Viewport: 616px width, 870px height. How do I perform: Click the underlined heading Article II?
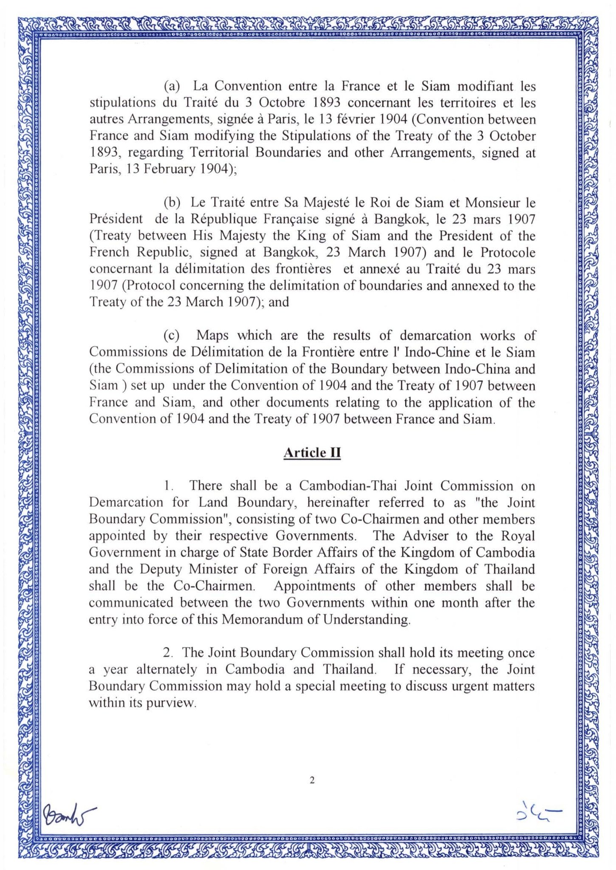point(312,453)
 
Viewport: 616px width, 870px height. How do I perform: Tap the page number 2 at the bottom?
point(312,780)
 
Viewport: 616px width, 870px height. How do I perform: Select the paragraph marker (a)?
point(172,86)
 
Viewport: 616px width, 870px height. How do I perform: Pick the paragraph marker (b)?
point(172,203)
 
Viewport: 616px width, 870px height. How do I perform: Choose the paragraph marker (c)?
point(172,336)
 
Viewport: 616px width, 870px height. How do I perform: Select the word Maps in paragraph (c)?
point(212,336)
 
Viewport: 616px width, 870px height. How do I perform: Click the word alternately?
point(167,670)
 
